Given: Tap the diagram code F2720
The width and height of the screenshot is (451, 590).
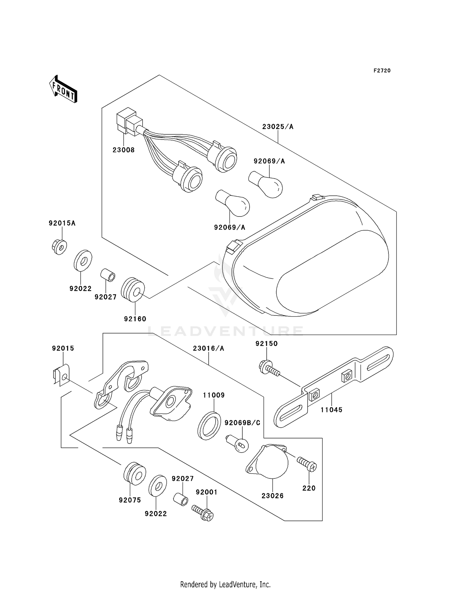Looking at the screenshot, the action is click(x=382, y=71).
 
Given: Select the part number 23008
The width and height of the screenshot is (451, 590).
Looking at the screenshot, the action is click(x=124, y=150).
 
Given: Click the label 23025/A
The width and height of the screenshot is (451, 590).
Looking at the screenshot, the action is click(x=278, y=127).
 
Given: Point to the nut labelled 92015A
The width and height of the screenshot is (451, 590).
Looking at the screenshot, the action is click(x=59, y=247).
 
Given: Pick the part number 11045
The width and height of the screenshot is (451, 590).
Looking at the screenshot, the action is click(x=331, y=410).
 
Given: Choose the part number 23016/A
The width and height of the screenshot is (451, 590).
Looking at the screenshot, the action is click(x=209, y=348).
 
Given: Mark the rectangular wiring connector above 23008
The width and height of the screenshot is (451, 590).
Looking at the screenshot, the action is click(x=129, y=121).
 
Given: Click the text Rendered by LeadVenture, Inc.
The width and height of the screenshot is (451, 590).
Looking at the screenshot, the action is click(x=226, y=584).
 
